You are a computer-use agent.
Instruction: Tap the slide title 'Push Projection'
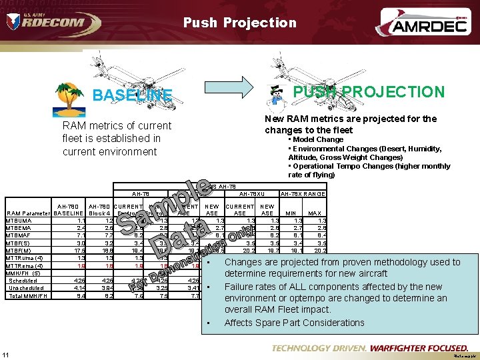(x=240, y=23)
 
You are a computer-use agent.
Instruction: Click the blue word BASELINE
(x=132, y=95)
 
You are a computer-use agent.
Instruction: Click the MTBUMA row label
(x=19, y=220)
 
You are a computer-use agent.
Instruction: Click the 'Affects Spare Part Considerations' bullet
(x=295, y=323)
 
